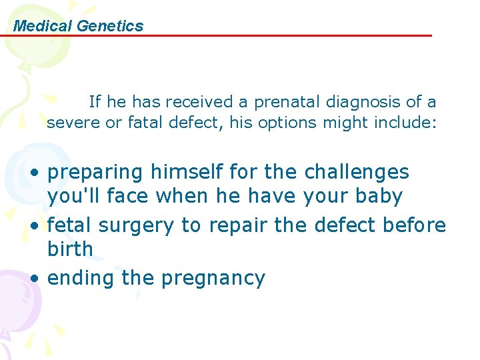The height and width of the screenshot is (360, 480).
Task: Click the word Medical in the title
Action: pos(43,26)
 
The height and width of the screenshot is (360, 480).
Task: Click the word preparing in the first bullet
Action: pos(95,172)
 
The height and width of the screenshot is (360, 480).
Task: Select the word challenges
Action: pos(357,172)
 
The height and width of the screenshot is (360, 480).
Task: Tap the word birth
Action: pos(70,249)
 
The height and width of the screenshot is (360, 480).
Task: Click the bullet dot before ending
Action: pos(33,278)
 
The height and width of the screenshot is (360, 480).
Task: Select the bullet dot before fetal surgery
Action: pos(33,226)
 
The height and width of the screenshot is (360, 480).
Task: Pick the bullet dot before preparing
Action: pos(33,173)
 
